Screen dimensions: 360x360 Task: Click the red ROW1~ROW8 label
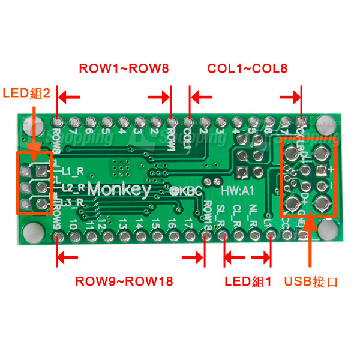[124, 68]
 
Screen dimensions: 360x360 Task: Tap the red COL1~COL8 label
[247, 68]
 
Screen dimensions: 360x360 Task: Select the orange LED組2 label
[29, 94]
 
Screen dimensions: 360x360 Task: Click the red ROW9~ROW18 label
[127, 281]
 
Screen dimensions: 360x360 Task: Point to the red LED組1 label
[248, 281]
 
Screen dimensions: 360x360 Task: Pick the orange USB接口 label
[311, 281]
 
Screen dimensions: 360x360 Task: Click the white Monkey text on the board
[119, 189]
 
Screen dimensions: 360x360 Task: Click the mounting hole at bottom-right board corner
[328, 227]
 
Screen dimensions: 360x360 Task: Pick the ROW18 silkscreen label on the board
[207, 214]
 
